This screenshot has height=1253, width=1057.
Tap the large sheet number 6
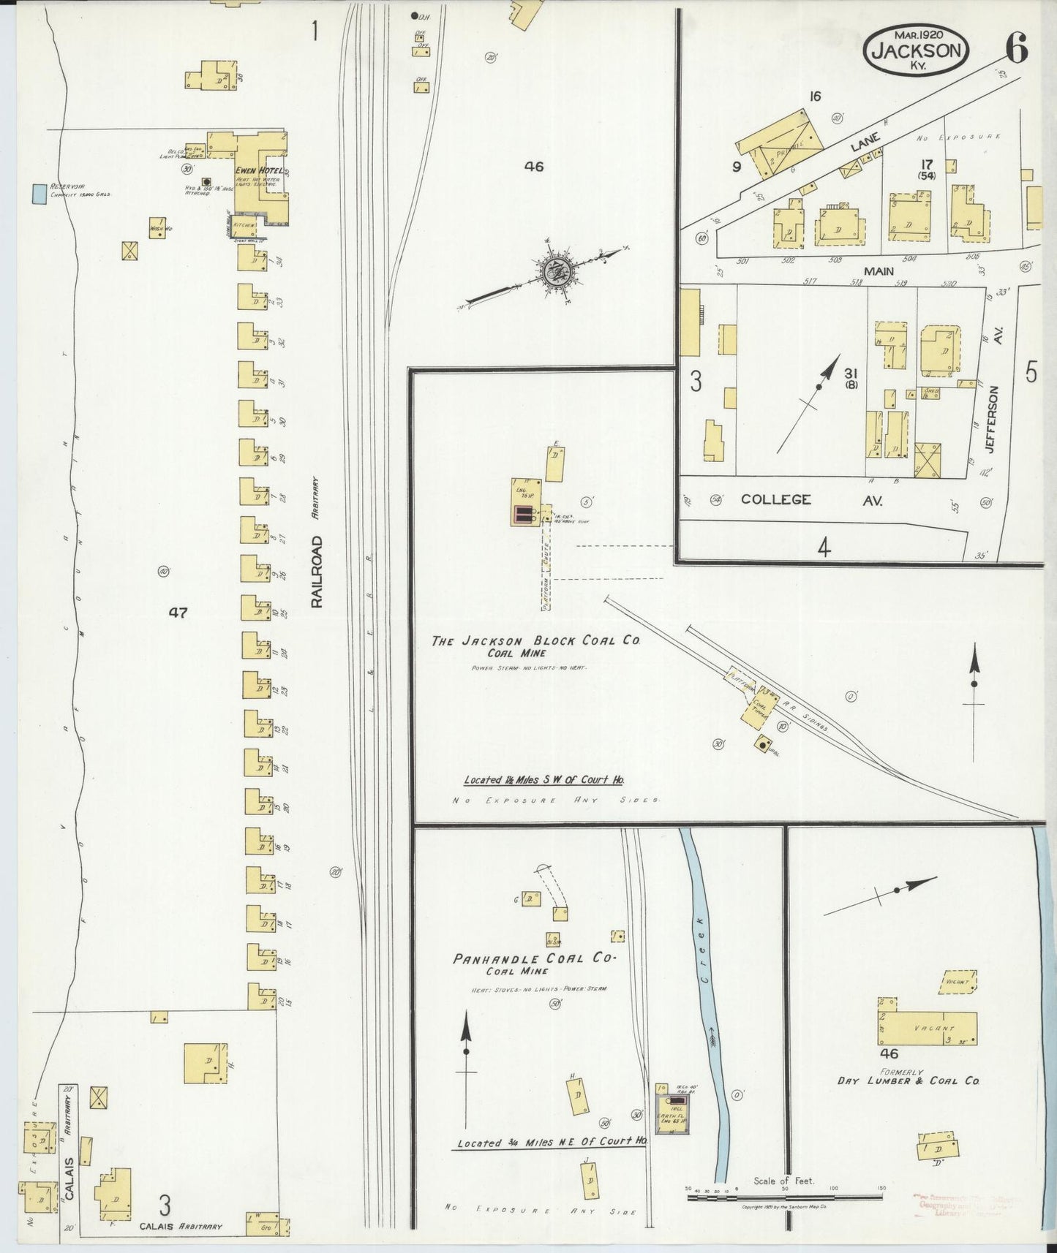click(1016, 49)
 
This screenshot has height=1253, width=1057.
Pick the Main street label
click(879, 271)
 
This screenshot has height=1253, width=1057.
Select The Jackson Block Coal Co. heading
click(536, 640)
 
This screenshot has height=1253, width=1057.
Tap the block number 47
click(178, 613)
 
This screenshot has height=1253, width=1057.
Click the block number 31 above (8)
click(851, 373)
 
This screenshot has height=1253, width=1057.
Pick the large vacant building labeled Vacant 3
click(927, 1029)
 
